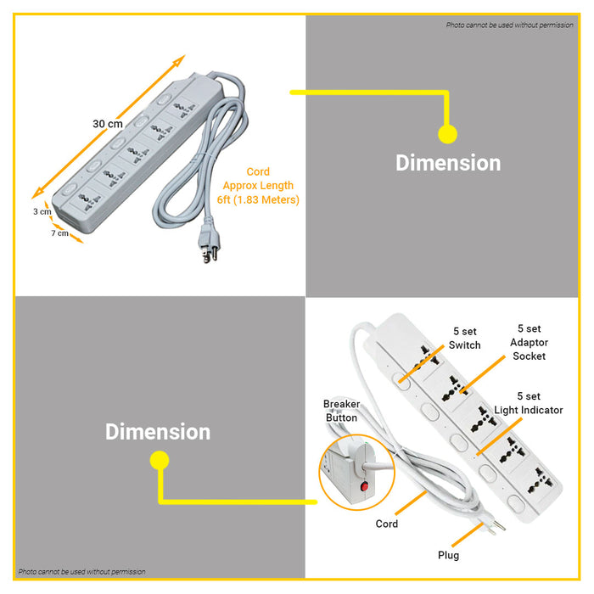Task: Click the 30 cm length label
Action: pos(107,124)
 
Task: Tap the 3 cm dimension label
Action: pos(42,211)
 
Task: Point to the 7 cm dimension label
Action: pos(59,233)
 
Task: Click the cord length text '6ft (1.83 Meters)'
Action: pos(258,199)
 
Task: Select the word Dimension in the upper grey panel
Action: pos(448,163)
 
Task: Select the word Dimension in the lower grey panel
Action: pos(158,432)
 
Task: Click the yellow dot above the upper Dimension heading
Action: pos(447,134)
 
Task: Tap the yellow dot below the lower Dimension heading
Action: pos(159,461)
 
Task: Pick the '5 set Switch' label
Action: pos(464,339)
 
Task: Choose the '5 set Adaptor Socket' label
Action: pos(530,342)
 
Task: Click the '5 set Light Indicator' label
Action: pos(529,403)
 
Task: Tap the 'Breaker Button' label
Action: pos(341,411)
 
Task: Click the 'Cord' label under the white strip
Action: pos(387,524)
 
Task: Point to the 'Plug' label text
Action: pos(448,555)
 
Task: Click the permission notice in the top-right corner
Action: pos(509,25)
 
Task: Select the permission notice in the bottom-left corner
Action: pos(81,572)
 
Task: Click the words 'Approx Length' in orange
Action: pos(258,186)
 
